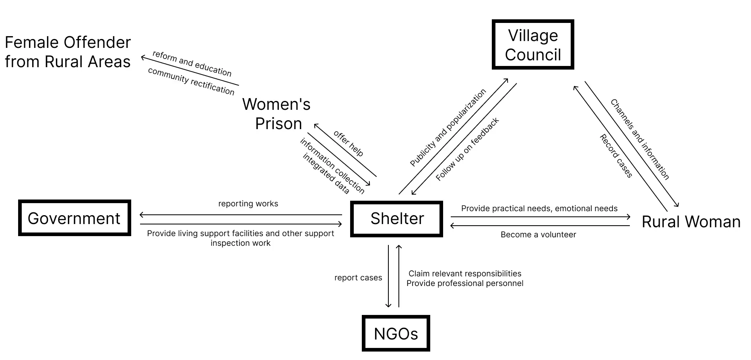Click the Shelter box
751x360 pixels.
(x=396, y=219)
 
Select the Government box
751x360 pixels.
(x=74, y=218)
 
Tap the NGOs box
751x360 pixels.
(x=396, y=333)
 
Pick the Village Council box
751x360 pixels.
(x=533, y=45)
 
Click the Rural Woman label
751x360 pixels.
(x=691, y=222)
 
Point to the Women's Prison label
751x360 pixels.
(x=277, y=114)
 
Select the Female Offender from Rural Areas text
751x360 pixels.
(x=68, y=52)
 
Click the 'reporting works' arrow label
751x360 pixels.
(x=248, y=204)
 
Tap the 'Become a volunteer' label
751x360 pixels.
(x=538, y=235)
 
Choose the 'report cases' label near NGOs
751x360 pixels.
(x=358, y=278)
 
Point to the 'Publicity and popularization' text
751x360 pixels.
(x=448, y=128)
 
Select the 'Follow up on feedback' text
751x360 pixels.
(x=467, y=149)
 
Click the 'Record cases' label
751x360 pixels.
(x=616, y=156)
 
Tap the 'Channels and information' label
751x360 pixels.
(x=640, y=139)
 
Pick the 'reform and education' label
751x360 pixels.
(x=192, y=64)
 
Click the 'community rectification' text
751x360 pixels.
(x=191, y=81)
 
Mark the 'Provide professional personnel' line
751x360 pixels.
(x=465, y=283)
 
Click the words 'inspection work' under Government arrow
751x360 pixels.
(x=240, y=243)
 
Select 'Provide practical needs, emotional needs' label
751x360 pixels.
(x=539, y=208)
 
